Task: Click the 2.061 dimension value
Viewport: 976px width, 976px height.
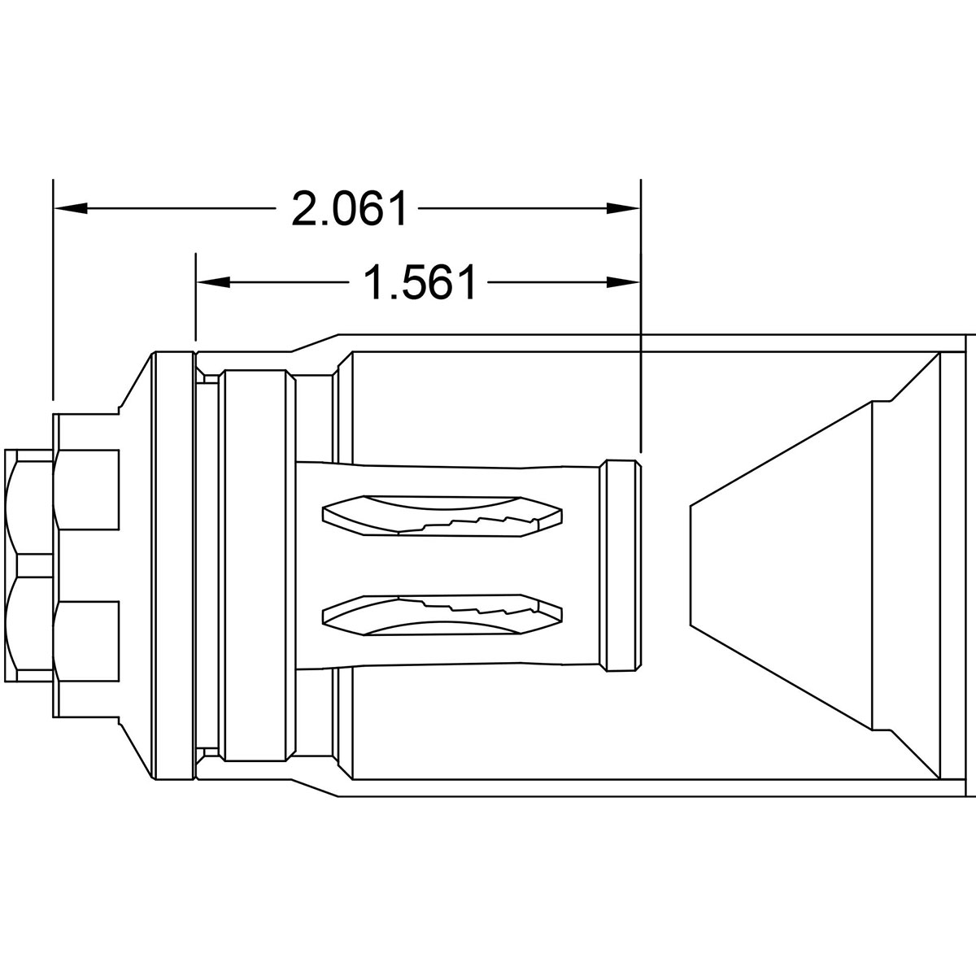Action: pos(348,210)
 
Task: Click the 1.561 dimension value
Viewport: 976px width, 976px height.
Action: pos(419,282)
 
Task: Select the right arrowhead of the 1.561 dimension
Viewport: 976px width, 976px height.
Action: pos(624,282)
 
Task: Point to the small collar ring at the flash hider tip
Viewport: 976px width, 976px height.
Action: pos(619,566)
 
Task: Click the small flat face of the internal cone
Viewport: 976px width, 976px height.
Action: pos(691,566)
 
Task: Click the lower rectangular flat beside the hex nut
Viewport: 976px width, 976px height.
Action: pos(88,638)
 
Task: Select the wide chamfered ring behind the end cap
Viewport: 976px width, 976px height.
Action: pos(256,566)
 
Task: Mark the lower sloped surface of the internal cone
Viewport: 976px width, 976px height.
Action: pos(781,679)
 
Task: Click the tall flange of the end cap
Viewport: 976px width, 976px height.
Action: pos(173,566)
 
